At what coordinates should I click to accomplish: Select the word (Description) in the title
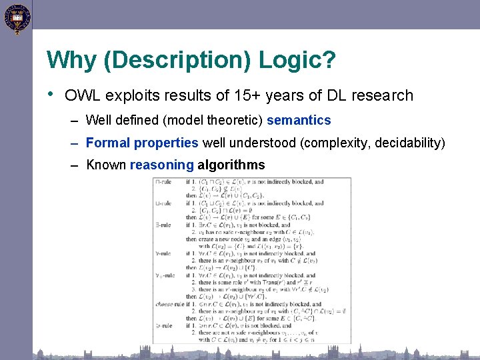176,61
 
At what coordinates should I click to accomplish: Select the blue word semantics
299,121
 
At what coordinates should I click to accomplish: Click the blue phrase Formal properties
142,143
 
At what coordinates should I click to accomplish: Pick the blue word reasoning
161,165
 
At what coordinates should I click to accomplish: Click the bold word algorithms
231,165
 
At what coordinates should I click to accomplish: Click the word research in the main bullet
383,95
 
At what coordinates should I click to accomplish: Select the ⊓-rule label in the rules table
163,181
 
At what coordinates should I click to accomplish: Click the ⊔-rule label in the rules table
163,203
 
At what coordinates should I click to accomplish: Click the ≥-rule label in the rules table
163,326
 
